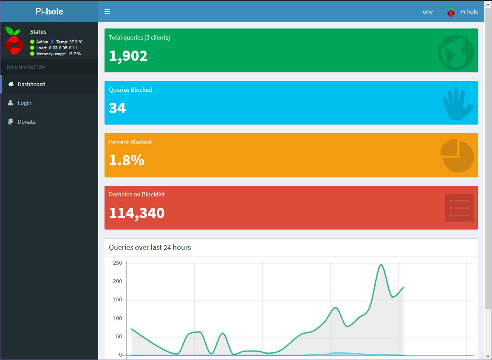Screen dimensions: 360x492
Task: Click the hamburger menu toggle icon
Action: [x=107, y=11]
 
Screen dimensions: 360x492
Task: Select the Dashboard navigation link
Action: [x=31, y=85]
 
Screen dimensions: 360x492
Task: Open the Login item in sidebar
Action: [x=24, y=103]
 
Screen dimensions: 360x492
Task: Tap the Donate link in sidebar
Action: [x=26, y=122]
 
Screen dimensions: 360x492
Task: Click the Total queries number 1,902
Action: [x=128, y=56]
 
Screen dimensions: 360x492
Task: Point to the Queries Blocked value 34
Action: [x=117, y=108]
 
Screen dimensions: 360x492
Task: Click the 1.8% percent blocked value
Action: [x=126, y=160]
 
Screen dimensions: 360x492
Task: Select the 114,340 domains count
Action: [x=136, y=213]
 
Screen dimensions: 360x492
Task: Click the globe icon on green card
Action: [x=456, y=52]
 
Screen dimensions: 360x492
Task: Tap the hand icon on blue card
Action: [x=458, y=104]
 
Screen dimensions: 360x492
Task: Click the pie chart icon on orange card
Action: [x=457, y=156]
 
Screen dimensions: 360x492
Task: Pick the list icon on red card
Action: [x=459, y=208]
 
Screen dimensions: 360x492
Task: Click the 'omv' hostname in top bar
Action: [x=427, y=12]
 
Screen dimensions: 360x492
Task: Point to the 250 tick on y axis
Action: [x=117, y=263]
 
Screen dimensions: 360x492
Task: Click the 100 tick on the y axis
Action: [x=117, y=318]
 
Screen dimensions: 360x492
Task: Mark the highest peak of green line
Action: [x=381, y=265]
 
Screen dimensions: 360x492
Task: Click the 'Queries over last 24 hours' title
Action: [x=150, y=247]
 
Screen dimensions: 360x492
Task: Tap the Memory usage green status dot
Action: [x=32, y=54]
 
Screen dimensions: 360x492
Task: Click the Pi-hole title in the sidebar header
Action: [x=49, y=11]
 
